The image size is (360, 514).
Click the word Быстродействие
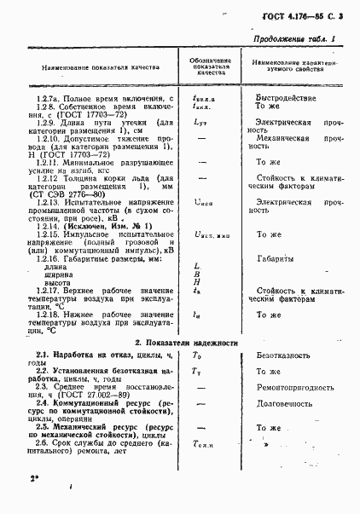272,98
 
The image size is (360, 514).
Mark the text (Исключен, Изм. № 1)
102,224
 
